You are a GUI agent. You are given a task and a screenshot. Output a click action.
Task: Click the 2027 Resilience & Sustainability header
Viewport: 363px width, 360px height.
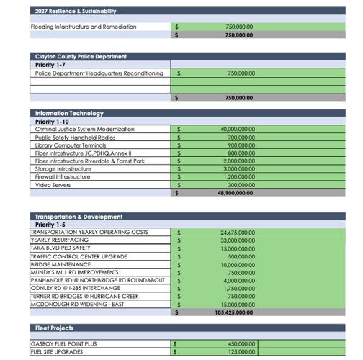[76, 12]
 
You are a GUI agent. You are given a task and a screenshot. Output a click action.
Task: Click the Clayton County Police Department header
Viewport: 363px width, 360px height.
[81, 56]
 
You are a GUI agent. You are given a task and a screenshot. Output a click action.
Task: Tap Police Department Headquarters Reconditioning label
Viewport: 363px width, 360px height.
[99, 73]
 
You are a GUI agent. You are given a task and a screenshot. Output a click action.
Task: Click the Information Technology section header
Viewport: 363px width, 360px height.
[69, 114]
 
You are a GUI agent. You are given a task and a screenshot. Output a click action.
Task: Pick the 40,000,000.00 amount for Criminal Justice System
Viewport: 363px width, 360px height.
[238, 129]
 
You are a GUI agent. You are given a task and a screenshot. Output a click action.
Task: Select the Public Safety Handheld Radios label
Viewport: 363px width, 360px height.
[75, 137]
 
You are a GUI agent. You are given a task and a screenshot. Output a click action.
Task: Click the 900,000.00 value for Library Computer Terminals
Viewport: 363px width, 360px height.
[241, 145]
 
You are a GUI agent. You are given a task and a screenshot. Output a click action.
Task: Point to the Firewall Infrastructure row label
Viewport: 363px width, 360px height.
[63, 176]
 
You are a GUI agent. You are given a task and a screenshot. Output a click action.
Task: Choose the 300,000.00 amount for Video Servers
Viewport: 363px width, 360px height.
[241, 185]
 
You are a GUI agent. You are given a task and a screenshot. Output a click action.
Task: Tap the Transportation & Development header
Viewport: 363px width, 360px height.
[79, 217]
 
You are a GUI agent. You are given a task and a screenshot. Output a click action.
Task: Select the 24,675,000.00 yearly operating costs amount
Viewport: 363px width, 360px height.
[238, 233]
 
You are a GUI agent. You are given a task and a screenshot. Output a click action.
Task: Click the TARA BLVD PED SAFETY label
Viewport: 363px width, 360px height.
[60, 248]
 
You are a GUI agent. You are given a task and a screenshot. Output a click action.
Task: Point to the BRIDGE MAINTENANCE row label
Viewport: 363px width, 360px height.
[60, 264]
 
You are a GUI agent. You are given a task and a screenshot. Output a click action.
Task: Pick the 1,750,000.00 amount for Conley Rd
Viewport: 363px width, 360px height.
[239, 288]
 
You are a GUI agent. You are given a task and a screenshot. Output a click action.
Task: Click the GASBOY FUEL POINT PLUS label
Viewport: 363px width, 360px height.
[64, 344]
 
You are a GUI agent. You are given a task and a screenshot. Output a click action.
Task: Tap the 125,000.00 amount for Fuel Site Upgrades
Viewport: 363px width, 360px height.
[241, 352]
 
